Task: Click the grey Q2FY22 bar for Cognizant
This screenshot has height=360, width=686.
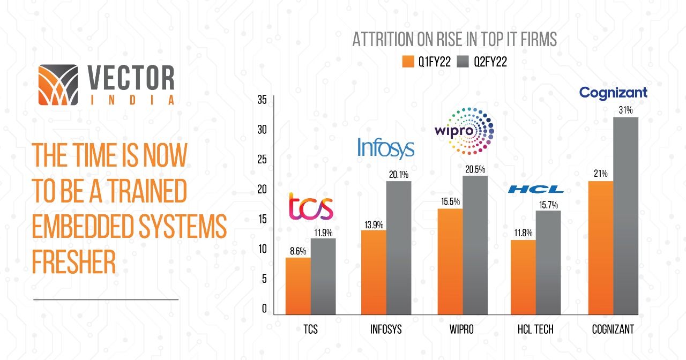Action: coord(625,215)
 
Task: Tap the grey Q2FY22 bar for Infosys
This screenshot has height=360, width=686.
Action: coord(398,247)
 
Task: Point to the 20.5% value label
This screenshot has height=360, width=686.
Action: coord(475,169)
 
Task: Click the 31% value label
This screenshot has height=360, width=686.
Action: coord(625,110)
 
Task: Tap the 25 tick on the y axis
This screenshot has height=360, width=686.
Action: coord(262,159)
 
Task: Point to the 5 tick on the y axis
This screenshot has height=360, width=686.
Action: coord(263,279)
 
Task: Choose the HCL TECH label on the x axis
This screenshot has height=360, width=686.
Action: coord(535,328)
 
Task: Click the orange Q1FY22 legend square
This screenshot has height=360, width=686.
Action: coord(408,62)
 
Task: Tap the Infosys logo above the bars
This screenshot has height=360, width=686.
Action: coord(386,148)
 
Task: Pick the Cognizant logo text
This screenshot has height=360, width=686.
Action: coord(614,93)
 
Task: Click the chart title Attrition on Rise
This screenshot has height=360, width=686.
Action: coord(454,40)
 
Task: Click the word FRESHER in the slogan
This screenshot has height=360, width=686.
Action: coord(74,262)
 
